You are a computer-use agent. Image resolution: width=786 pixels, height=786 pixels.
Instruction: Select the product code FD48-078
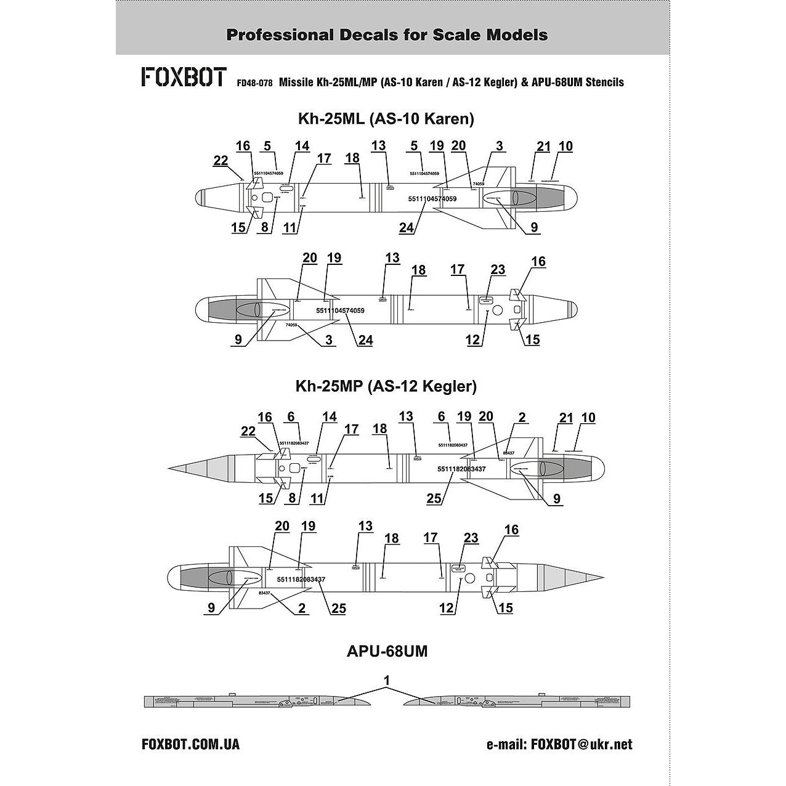(254, 83)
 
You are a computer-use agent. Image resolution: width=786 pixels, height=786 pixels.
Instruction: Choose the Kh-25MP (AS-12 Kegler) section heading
(386, 387)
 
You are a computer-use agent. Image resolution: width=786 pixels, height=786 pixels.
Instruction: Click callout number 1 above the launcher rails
(386, 680)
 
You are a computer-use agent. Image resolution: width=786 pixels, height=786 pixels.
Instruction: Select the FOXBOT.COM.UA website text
(190, 744)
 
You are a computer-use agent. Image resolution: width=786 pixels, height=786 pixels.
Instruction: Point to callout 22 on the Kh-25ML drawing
(221, 161)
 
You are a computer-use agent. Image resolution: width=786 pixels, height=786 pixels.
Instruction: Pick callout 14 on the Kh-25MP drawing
(330, 417)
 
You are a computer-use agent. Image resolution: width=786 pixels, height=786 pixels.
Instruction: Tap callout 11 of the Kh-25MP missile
(317, 498)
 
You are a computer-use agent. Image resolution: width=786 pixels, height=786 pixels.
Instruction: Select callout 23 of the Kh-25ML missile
(498, 269)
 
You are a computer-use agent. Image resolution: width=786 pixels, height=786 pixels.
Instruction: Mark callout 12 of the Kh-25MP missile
(446, 608)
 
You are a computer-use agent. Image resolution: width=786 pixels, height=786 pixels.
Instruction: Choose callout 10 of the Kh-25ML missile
(565, 147)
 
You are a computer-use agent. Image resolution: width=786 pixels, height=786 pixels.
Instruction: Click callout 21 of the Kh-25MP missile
(566, 418)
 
